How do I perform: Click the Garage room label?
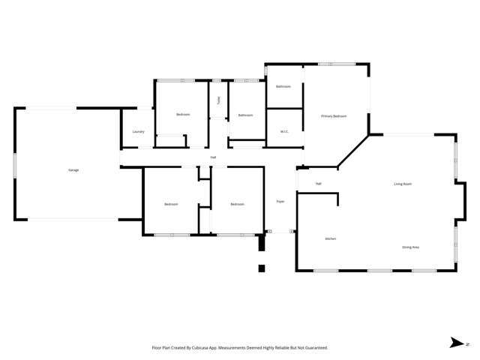pyautogui.click(x=73, y=170)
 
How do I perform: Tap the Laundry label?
pyautogui.click(x=138, y=132)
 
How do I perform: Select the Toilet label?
pyautogui.click(x=219, y=100)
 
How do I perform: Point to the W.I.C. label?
pyautogui.click(x=284, y=132)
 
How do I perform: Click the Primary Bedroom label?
pyautogui.click(x=334, y=116)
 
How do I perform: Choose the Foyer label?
pyautogui.click(x=280, y=201)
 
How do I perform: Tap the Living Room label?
pyautogui.click(x=403, y=184)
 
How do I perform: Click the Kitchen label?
pyautogui.click(x=330, y=238)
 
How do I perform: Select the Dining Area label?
pyautogui.click(x=410, y=247)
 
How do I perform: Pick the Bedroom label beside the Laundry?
pyautogui.click(x=183, y=115)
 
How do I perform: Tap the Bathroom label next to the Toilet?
pyautogui.click(x=245, y=115)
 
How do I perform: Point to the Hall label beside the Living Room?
pyautogui.click(x=318, y=184)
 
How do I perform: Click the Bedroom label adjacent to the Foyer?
pyautogui.click(x=237, y=204)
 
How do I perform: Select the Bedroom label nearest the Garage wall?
pyautogui.click(x=171, y=204)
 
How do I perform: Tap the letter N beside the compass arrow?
pyautogui.click(x=468, y=344)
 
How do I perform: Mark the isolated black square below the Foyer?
pyautogui.click(x=261, y=268)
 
